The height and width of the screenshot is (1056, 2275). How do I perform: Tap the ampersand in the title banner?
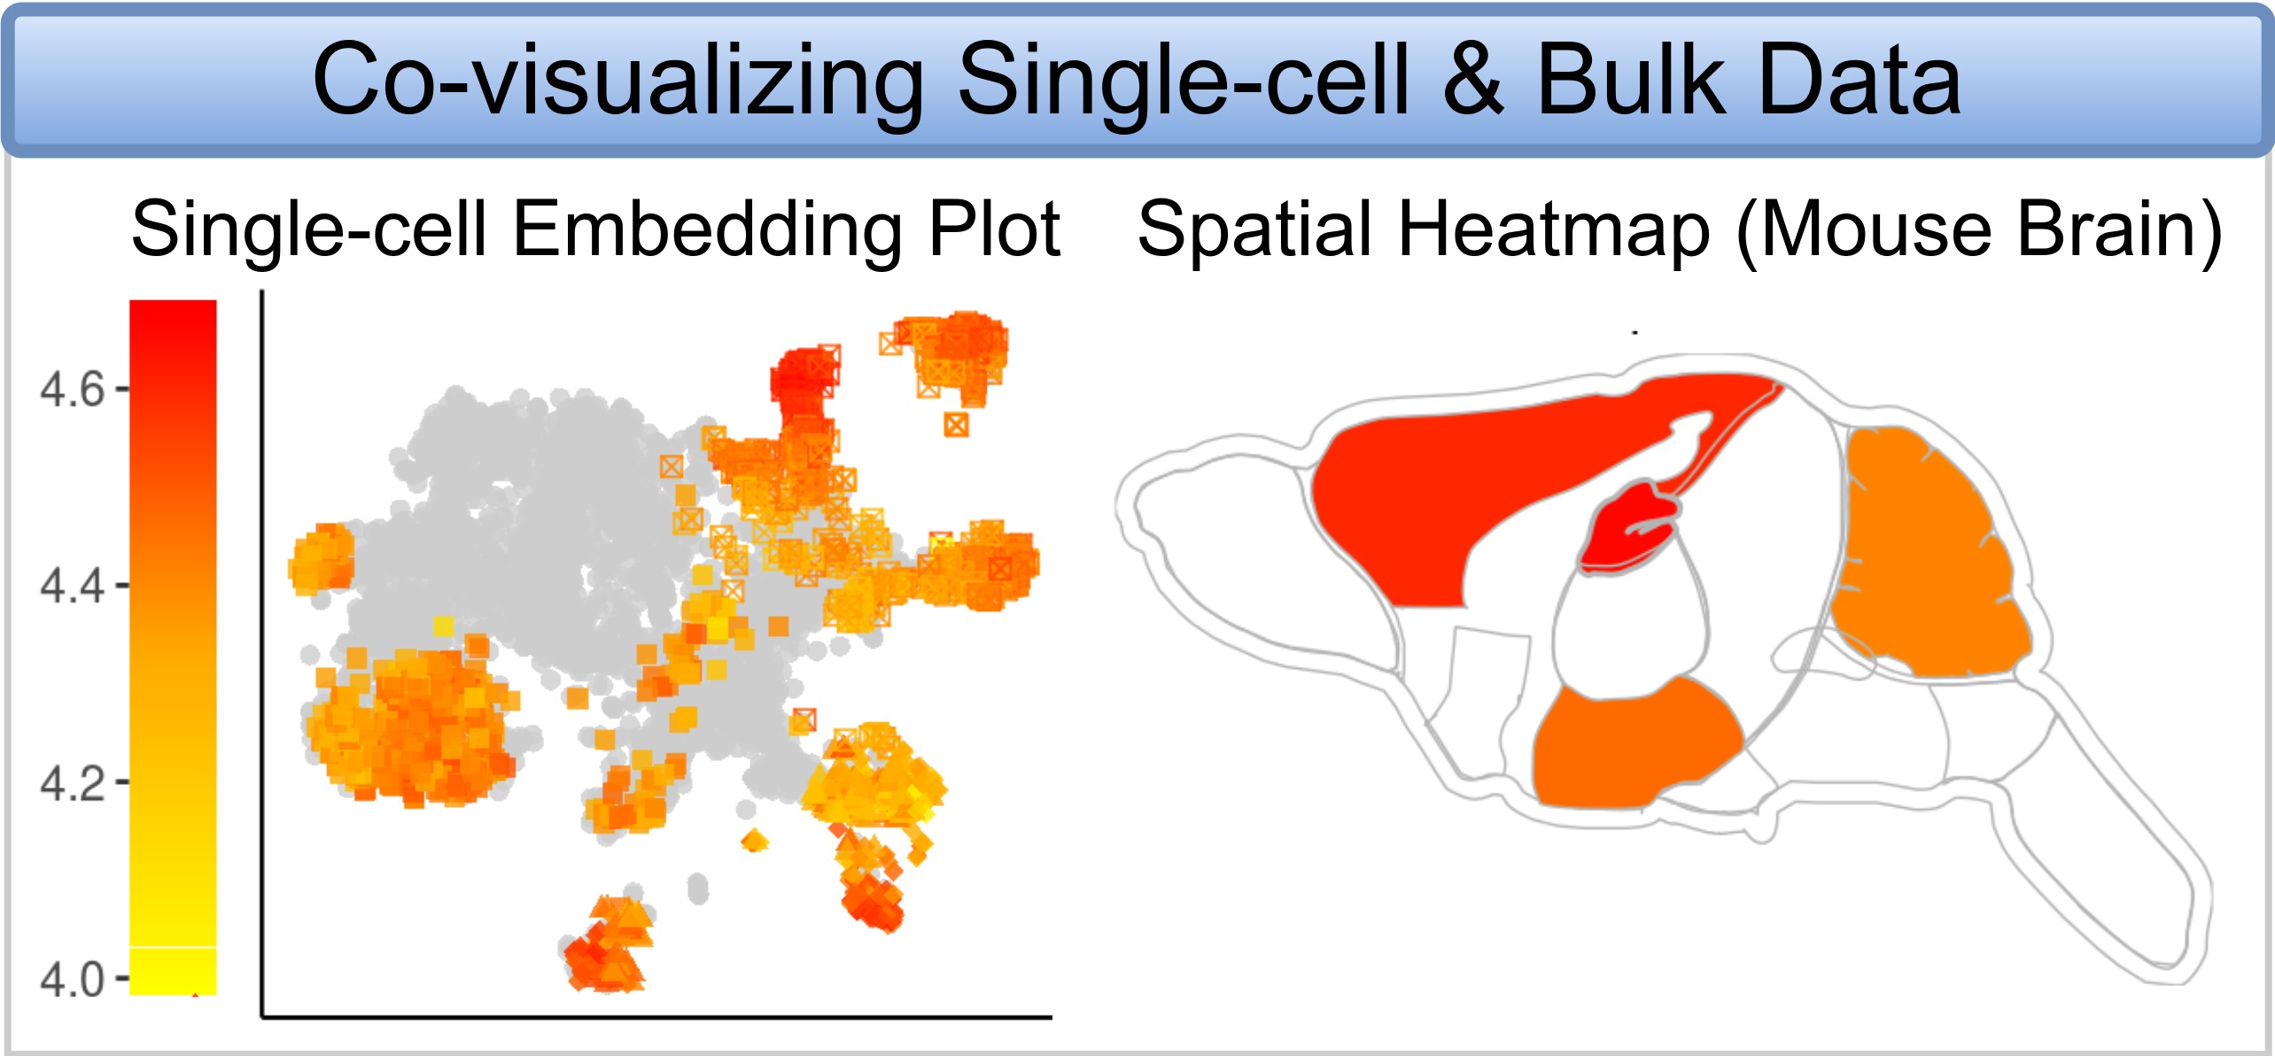point(1473,80)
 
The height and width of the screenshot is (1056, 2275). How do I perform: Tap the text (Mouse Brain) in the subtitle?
point(1979,232)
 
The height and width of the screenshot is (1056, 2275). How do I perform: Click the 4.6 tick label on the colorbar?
point(73,389)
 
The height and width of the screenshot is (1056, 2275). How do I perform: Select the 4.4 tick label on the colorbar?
point(73,586)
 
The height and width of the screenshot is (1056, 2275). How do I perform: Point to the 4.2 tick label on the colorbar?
point(73,783)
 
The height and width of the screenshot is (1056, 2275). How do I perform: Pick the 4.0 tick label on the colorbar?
point(73,980)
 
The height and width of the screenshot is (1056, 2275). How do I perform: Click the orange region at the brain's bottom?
point(1630,744)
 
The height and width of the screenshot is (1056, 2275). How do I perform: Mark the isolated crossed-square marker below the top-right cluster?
point(956,425)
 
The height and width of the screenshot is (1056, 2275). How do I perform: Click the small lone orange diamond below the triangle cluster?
point(754,840)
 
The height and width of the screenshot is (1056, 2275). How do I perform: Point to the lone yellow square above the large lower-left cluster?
point(443,626)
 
